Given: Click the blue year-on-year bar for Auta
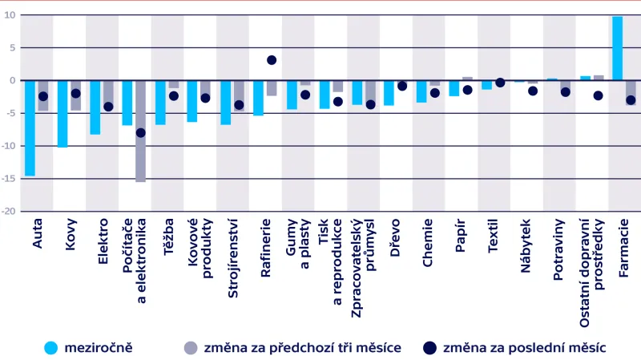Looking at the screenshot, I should coord(30,127).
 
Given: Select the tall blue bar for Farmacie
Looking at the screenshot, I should coord(618,48).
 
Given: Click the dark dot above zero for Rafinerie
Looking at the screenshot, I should coord(272,60).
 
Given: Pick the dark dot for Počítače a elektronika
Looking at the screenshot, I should coord(141,133).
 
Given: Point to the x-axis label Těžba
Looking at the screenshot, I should coord(167,237).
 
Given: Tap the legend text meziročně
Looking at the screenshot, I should coord(98,347).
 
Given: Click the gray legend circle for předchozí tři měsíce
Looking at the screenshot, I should coord(190,347).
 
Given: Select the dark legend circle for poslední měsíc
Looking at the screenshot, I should coord(429,347).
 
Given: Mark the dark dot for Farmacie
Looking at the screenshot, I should coord(631,100).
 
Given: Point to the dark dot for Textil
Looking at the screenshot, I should coord(500,83).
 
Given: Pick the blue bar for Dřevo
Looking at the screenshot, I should coord(389,93).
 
